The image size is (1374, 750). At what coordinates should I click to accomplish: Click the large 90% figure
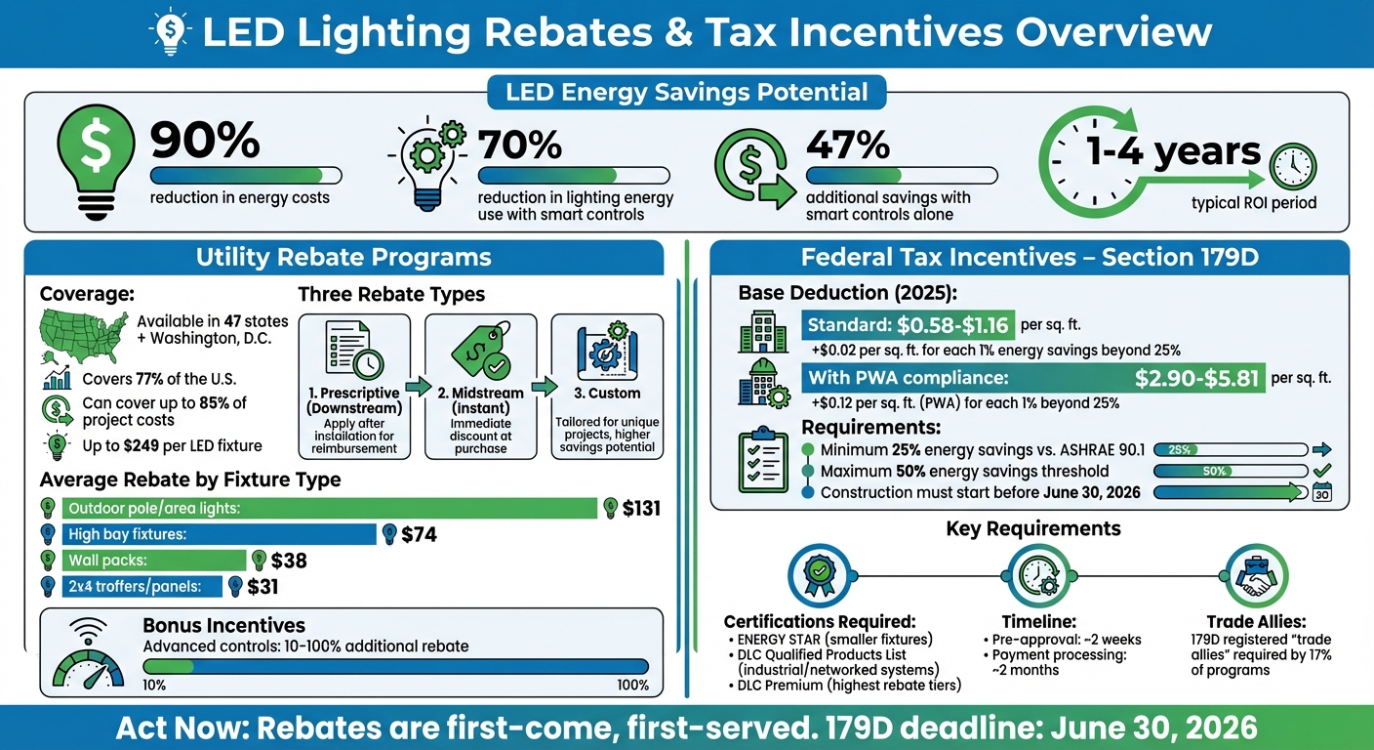205,142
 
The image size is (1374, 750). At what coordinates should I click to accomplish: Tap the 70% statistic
520,145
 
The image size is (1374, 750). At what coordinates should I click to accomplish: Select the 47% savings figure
847,145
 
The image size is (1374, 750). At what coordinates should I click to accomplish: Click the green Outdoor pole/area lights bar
330,509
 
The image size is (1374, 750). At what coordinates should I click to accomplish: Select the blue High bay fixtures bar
220,534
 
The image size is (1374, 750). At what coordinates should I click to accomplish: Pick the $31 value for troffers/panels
263,587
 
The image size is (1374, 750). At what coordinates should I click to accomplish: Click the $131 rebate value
641,509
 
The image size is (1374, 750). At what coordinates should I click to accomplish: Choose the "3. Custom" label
607,394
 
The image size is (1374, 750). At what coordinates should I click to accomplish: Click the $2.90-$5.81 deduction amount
1196,378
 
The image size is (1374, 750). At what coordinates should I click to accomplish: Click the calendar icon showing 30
1323,492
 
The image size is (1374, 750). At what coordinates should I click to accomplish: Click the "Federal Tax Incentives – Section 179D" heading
1030,258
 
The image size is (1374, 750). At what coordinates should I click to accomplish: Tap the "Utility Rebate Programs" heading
343,258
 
